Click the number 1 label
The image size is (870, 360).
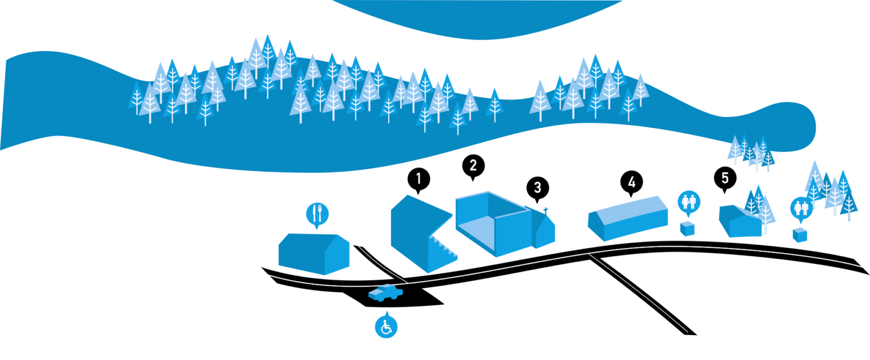(x=418, y=178)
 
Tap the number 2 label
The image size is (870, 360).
(x=473, y=165)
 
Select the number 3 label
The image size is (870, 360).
(x=537, y=188)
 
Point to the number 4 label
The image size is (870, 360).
(x=631, y=182)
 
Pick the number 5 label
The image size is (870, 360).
(x=724, y=178)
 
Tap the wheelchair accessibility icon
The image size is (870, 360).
(x=386, y=327)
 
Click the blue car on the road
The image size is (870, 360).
(x=386, y=293)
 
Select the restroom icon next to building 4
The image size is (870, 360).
(x=689, y=202)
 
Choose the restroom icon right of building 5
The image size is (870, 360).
(x=801, y=207)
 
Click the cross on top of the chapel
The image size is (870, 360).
(x=545, y=210)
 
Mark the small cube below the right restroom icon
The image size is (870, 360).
(x=799, y=235)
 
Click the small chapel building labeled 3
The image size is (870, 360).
(x=544, y=233)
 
